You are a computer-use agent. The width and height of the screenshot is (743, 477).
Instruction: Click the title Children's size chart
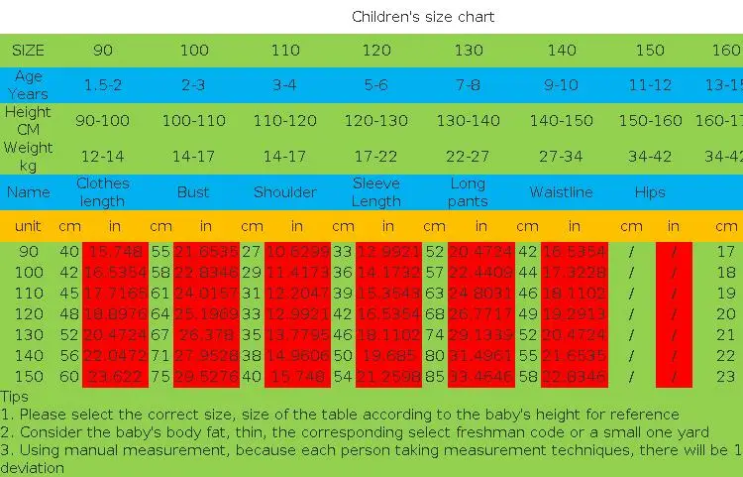pos(423,17)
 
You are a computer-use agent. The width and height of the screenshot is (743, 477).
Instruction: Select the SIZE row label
pos(28,50)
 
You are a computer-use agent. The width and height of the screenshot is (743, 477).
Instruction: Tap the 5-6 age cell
pos(376,85)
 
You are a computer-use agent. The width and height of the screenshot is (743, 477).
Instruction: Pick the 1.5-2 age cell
pos(102,85)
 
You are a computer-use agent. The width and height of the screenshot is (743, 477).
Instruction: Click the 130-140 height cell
pos(468,121)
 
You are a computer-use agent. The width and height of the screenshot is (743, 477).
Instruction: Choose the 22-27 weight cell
pos(468,157)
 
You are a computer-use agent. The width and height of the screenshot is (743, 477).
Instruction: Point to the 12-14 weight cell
pos(102,157)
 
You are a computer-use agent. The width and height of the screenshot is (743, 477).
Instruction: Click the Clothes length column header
pos(102,192)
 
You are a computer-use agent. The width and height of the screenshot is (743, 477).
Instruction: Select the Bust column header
pos(193,192)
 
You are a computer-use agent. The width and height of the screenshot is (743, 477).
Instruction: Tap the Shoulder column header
pos(284,192)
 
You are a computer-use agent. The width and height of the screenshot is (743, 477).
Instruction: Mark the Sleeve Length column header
pos(376,192)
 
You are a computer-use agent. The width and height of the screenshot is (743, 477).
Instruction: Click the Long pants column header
pos(468,192)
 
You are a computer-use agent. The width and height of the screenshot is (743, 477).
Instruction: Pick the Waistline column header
pos(561,192)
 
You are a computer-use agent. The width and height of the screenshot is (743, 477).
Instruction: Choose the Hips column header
pos(650,192)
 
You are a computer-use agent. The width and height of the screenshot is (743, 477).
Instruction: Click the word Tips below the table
pos(15,398)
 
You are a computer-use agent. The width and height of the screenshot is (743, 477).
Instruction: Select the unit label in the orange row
pos(28,226)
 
